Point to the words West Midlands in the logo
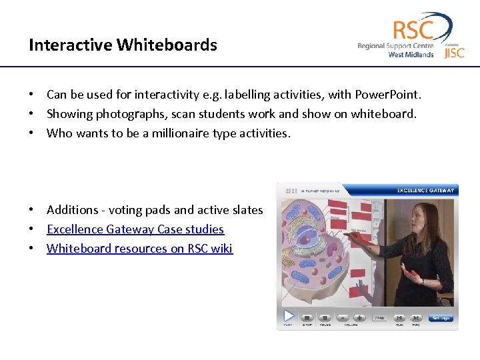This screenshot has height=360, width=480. coord(411,55)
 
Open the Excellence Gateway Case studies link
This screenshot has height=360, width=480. coord(135,229)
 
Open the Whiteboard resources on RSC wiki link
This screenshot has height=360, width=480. coord(139,249)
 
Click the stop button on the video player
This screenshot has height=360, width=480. coord(307,318)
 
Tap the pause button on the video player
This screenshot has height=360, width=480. coord(325,318)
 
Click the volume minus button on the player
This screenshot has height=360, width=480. coord(343,318)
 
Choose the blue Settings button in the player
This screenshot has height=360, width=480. coord(441,318)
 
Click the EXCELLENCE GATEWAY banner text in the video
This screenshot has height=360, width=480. coord(425,190)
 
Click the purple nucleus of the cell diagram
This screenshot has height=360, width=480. coord(309,240)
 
